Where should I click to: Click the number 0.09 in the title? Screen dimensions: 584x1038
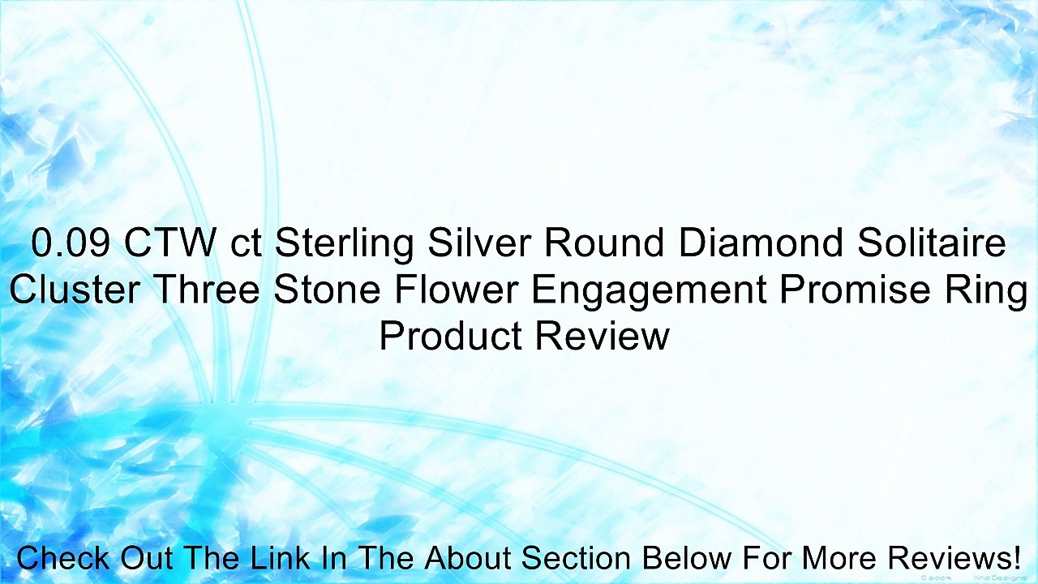tap(71, 243)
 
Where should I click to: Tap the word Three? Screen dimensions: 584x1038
tap(208, 290)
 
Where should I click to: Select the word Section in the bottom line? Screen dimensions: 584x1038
tap(577, 559)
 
